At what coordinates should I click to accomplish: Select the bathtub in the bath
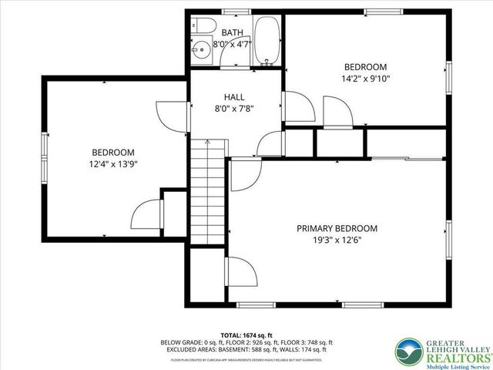click(x=268, y=38)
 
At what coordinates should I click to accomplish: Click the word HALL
click(x=234, y=96)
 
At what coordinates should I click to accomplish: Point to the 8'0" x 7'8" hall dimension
click(x=234, y=108)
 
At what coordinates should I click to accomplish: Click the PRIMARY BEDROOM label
click(x=337, y=228)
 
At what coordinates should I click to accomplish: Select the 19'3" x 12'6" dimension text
click(x=337, y=240)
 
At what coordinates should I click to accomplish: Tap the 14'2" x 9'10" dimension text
click(x=366, y=78)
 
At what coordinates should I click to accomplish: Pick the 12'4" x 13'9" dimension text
click(x=113, y=163)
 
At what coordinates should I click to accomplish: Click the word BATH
click(x=233, y=33)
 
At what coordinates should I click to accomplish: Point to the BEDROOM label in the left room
click(x=113, y=152)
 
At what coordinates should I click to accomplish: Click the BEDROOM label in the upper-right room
click(x=366, y=66)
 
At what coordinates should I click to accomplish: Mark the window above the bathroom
click(x=231, y=11)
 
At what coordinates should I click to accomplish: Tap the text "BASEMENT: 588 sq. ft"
click(x=232, y=349)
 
